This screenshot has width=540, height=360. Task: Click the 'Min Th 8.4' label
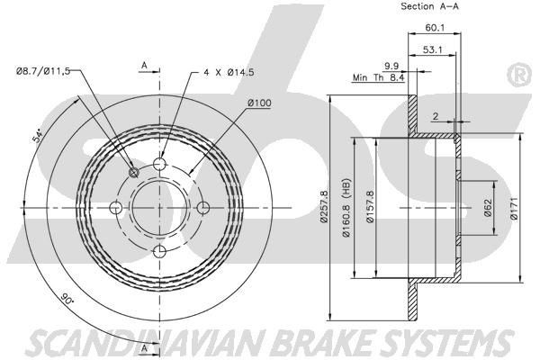click(377, 78)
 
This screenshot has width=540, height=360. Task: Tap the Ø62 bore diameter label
click(487, 208)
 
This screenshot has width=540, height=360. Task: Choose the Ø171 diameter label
click(514, 208)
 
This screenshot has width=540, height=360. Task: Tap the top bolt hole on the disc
click(160, 165)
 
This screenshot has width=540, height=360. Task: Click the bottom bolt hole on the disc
click(160, 251)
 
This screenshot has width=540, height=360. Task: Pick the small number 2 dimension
click(433, 116)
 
